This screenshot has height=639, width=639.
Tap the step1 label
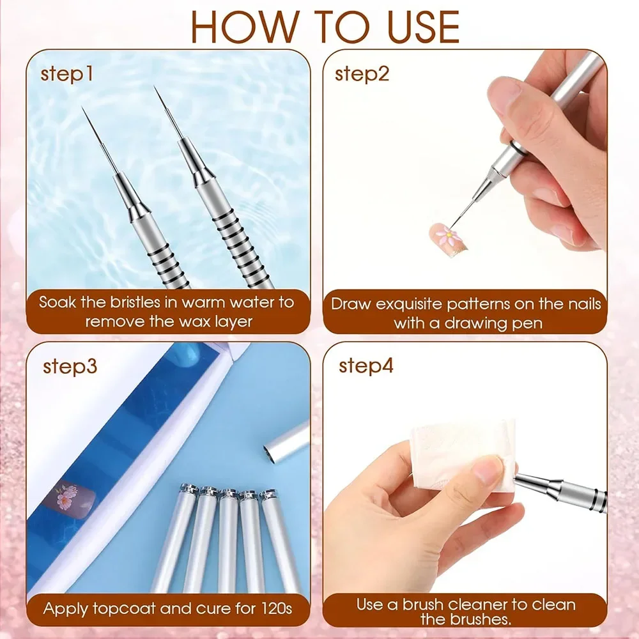pyautogui.click(x=66, y=74)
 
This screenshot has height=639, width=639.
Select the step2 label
pyautogui.click(x=362, y=74)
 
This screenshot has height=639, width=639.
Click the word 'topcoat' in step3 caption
pyautogui.click(x=119, y=608)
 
